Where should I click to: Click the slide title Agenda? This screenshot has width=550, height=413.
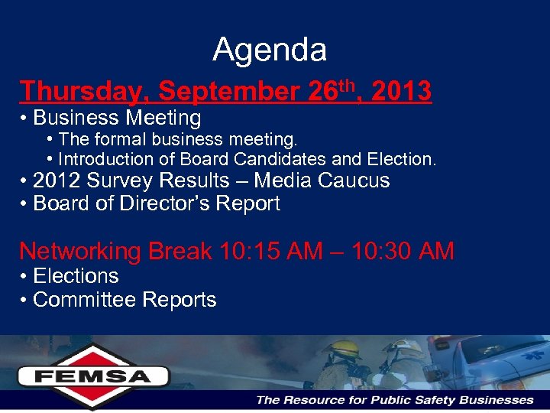pyautogui.click(x=270, y=50)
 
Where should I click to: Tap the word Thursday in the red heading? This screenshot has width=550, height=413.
pyautogui.click(x=80, y=92)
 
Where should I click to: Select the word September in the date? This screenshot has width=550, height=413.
pyautogui.click(x=228, y=92)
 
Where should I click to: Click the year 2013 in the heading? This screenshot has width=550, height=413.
pyautogui.click(x=401, y=92)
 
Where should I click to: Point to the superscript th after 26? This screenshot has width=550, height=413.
pyautogui.click(x=348, y=84)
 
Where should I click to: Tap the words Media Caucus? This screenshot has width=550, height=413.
pyautogui.click(x=322, y=180)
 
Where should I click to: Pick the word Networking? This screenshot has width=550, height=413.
pyautogui.click(x=80, y=251)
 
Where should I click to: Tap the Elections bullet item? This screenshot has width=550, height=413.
pyautogui.click(x=76, y=275)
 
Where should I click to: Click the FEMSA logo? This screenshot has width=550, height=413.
pyautogui.click(x=93, y=375)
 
